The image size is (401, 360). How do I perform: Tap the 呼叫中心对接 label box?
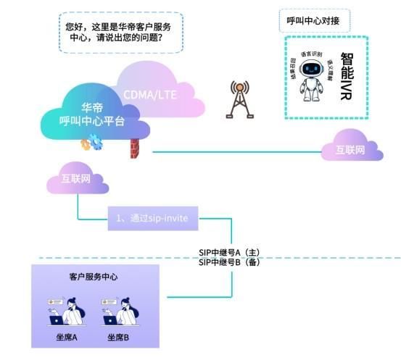tap(313, 21)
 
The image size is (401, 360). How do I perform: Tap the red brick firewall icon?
tap(133, 149)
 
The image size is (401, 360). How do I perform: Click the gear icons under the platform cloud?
tap(92, 144)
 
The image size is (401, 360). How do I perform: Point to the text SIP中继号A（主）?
tap(229, 252)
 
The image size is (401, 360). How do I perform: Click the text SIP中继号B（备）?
tap(229, 262)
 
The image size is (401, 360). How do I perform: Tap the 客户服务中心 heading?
tap(94, 277)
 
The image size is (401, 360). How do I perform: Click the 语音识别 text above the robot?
tap(311, 54)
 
